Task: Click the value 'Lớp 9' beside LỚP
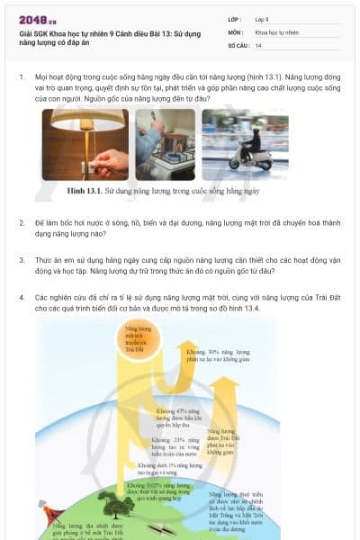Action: [x=264, y=19]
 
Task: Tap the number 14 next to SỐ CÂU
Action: [x=258, y=44]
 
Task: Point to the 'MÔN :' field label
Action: [x=236, y=31]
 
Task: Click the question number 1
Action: [x=22, y=77]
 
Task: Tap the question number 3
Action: [x=22, y=258]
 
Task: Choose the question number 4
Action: [x=22, y=296]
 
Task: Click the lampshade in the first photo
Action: [x=78, y=120]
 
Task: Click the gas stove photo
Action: [x=165, y=144]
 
